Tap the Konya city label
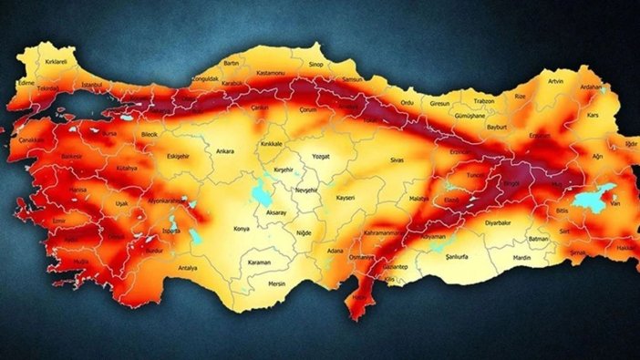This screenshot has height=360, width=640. (x=242, y=228)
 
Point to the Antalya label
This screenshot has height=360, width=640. (x=188, y=268)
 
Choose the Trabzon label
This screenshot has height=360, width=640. (x=483, y=99)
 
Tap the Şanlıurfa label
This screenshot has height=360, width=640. (x=456, y=258)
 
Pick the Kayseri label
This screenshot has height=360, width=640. (x=345, y=197)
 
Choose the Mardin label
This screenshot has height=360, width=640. (x=521, y=258)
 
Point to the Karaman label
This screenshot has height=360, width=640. (x=260, y=262)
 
